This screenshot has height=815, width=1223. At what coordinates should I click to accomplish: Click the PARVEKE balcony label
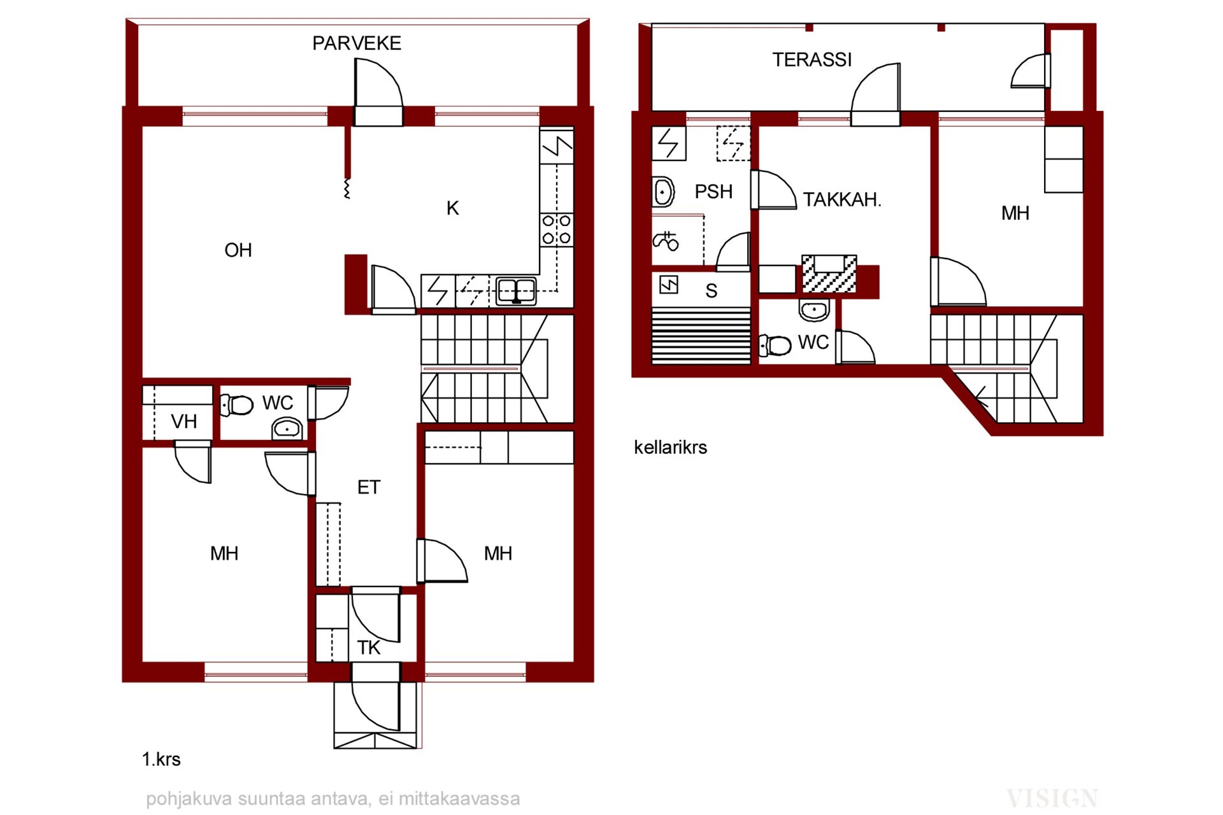pyautogui.click(x=357, y=43)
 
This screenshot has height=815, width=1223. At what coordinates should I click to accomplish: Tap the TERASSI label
pyautogui.click(x=812, y=60)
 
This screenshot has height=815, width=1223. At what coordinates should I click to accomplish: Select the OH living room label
pyautogui.click(x=238, y=250)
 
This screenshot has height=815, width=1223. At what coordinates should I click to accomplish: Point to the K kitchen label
pyautogui.click(x=453, y=208)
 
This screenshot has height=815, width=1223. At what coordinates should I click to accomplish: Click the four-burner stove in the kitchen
pyautogui.click(x=556, y=230)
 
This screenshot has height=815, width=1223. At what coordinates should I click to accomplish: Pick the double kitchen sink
pyautogui.click(x=516, y=291)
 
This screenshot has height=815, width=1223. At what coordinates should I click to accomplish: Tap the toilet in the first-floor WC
pyautogui.click(x=236, y=405)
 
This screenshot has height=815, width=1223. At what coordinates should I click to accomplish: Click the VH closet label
pyautogui.click(x=184, y=422)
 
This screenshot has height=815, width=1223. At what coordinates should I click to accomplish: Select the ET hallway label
pyautogui.click(x=369, y=488)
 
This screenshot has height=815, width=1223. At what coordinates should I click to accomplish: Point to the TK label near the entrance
pyautogui.click(x=369, y=648)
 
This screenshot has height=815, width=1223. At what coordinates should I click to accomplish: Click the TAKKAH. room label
pyautogui.click(x=842, y=200)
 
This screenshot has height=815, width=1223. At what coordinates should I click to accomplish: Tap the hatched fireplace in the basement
pyautogui.click(x=829, y=274)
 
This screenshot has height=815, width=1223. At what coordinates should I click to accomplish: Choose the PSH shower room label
pyautogui.click(x=713, y=192)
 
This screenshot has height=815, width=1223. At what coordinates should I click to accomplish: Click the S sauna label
pyautogui.click(x=712, y=291)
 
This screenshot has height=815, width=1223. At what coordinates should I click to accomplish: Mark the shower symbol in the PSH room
pyautogui.click(x=666, y=241)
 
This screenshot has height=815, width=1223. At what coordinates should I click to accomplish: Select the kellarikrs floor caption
pyautogui.click(x=670, y=448)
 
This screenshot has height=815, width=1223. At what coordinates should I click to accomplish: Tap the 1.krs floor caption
pyautogui.click(x=161, y=760)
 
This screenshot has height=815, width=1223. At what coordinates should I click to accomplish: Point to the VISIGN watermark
pyautogui.click(x=1052, y=798)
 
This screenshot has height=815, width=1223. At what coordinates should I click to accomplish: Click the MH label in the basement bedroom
pyautogui.click(x=1015, y=213)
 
